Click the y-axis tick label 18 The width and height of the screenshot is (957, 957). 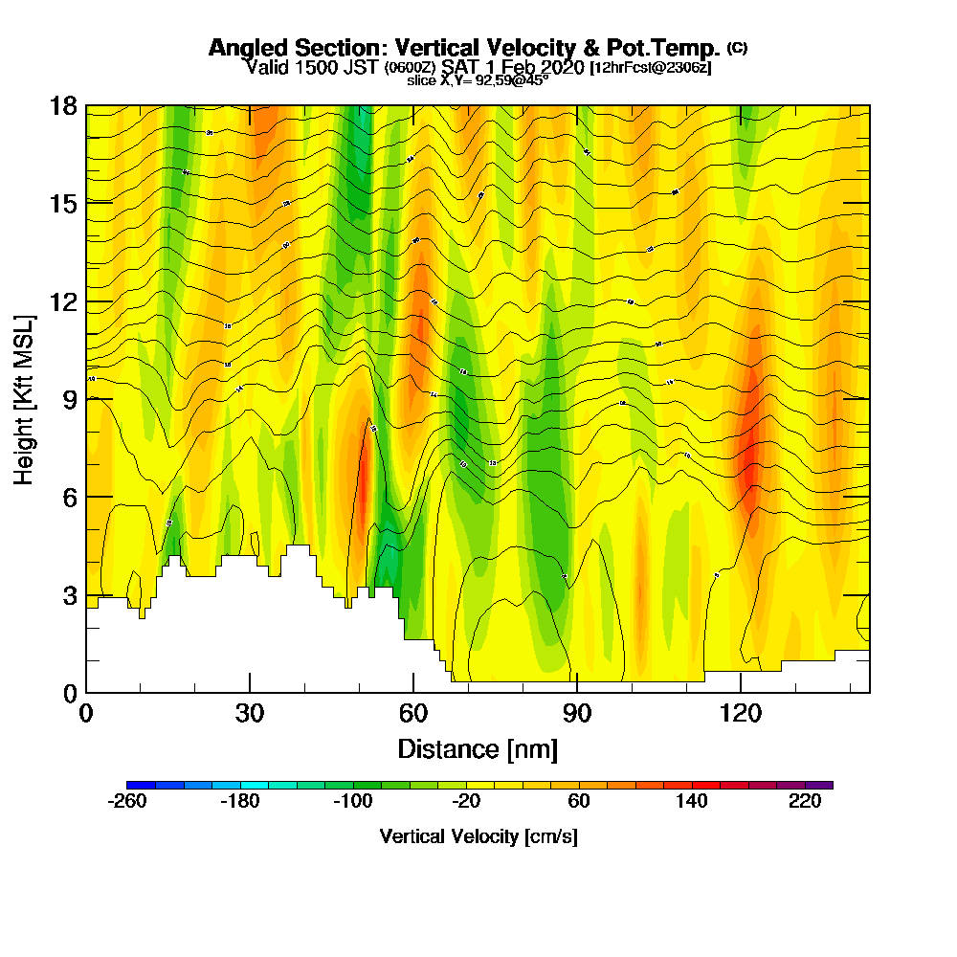(x=63, y=106)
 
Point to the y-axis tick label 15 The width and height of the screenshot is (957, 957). (x=63, y=204)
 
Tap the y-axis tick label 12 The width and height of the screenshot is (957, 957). (x=63, y=301)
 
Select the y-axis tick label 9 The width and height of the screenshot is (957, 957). (x=70, y=399)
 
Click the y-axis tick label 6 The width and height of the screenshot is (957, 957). (x=70, y=497)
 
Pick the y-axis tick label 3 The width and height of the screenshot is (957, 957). (x=70, y=594)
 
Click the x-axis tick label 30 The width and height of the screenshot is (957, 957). (x=250, y=714)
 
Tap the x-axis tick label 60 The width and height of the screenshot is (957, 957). (x=413, y=714)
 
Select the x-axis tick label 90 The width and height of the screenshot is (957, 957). (x=577, y=714)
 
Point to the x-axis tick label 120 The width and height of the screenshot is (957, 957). (x=741, y=714)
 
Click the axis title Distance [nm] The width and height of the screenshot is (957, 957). (x=478, y=748)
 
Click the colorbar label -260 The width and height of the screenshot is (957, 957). (x=127, y=802)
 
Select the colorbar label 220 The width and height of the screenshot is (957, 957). (x=805, y=802)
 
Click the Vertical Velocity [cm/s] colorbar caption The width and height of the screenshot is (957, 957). (x=478, y=836)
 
